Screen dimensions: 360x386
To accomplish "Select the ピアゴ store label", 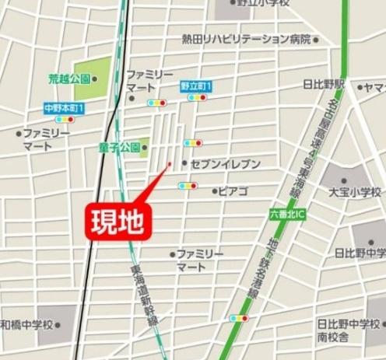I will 233,190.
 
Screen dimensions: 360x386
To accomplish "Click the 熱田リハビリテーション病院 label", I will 247,39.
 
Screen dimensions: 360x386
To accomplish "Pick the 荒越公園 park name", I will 68,79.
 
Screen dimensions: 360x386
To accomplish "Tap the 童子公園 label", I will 118,147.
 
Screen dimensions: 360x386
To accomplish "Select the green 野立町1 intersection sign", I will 196,86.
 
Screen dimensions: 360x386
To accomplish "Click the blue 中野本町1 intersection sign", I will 64,108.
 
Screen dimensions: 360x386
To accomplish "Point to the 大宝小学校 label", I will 355,191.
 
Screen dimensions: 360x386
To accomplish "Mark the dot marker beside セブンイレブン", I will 184,163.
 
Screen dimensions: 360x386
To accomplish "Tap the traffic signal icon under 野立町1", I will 196,98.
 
